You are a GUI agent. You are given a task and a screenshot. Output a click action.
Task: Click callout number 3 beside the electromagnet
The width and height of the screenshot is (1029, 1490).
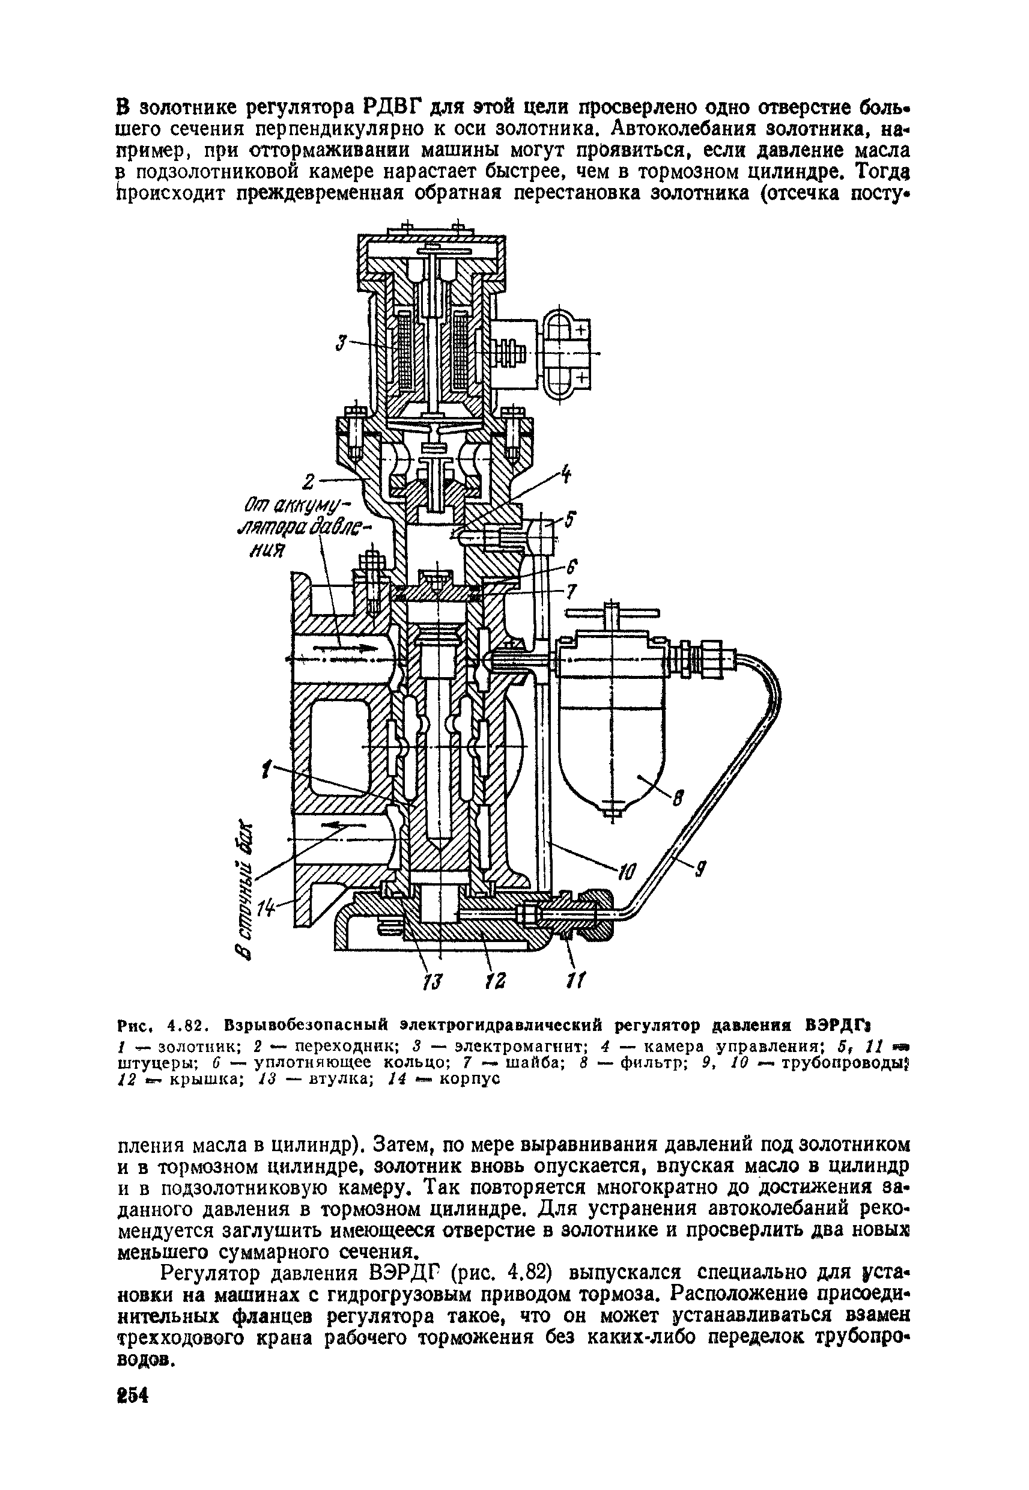[341, 342]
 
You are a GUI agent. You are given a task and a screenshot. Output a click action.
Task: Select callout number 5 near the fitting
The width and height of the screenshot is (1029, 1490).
[571, 518]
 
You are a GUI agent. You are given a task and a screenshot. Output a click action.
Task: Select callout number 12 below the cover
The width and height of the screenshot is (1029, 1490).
[496, 981]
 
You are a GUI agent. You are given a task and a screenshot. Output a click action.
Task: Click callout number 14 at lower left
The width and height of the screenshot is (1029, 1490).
[266, 909]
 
